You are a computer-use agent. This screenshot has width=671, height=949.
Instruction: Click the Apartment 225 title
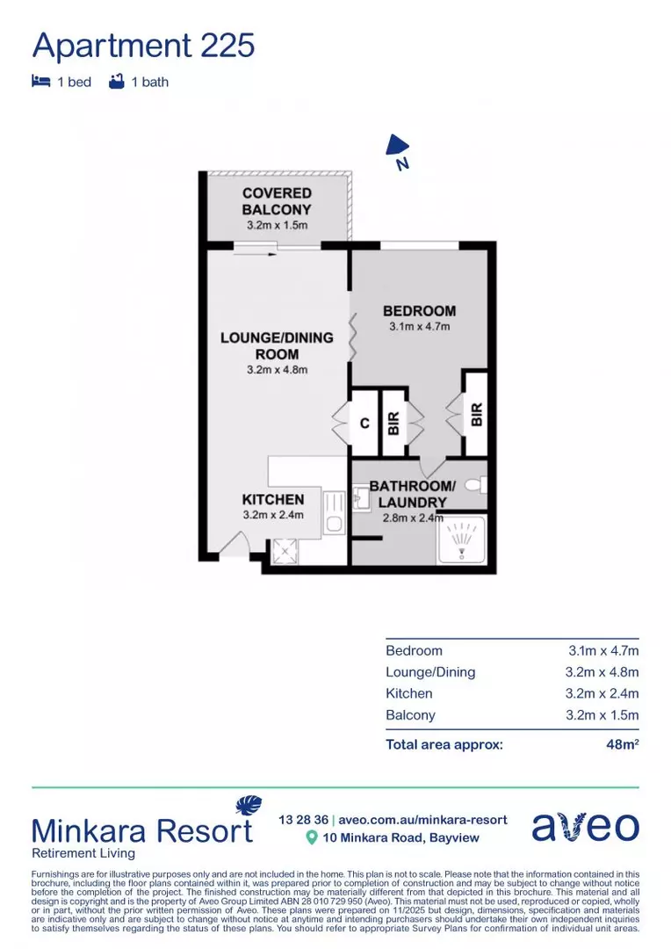143,44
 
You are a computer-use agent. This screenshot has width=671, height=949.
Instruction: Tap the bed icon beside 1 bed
40,82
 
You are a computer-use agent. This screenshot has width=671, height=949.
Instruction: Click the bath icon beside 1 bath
115,82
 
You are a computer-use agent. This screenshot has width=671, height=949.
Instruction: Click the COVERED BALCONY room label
277,201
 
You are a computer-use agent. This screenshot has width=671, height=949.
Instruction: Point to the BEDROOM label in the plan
419,310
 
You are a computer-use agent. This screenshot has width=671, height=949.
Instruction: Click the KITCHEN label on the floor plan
273,499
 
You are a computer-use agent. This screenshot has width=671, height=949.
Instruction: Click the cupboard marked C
364,423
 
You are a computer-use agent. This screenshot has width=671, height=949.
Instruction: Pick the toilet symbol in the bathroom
475,484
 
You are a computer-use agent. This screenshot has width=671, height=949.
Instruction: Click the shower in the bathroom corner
461,538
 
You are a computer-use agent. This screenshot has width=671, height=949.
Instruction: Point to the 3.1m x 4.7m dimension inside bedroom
419,327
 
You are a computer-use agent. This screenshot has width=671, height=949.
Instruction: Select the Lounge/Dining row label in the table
430,672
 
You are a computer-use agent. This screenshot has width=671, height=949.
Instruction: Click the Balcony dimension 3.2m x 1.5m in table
602,714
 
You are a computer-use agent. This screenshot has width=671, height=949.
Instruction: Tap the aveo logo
585,826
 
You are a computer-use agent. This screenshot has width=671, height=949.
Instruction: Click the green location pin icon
311,838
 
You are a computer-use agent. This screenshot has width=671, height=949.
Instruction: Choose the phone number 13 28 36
302,819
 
